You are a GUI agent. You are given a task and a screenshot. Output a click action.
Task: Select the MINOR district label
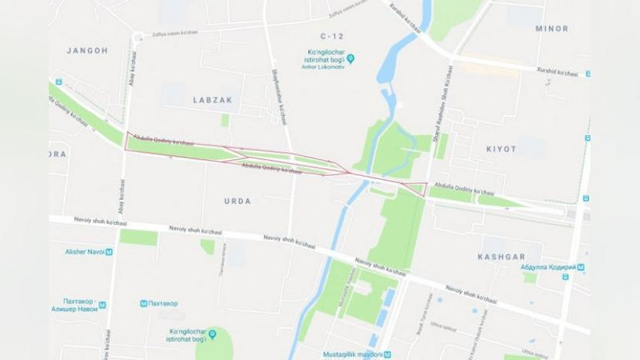point(553,27)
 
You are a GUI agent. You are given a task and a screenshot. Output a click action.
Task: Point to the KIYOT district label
point(501,149)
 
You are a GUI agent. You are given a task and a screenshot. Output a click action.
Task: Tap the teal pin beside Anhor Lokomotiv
point(357,57)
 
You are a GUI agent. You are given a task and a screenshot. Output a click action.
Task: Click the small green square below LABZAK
point(226,119)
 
